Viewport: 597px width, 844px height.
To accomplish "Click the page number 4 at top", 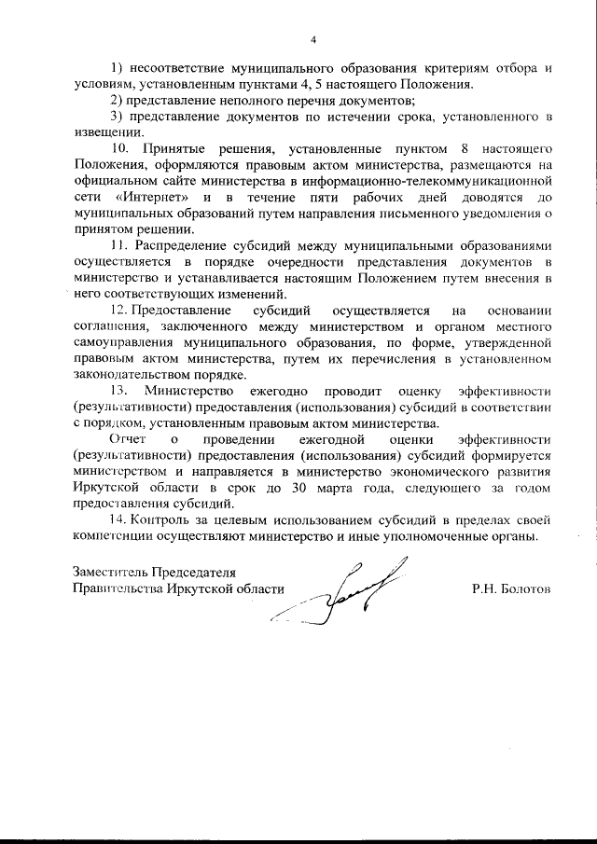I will coord(313,40).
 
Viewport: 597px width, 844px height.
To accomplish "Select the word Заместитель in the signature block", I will coord(109,572).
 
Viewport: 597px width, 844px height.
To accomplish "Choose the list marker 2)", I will coord(118,100).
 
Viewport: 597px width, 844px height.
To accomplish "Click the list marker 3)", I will coord(118,116).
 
